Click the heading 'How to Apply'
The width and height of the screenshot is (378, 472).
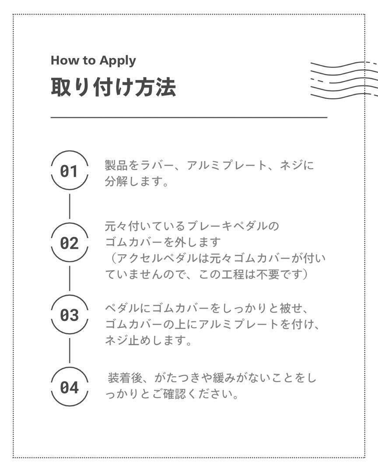(93, 61)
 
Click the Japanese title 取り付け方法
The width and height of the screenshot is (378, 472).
(113, 87)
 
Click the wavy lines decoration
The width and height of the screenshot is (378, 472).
(344, 80)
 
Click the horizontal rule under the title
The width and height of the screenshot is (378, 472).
(189, 118)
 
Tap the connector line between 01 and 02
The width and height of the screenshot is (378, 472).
(70, 206)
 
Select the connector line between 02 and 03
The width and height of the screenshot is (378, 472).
(70, 278)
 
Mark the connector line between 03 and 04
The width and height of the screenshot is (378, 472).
(70, 351)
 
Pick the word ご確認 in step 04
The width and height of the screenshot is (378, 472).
(169, 394)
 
